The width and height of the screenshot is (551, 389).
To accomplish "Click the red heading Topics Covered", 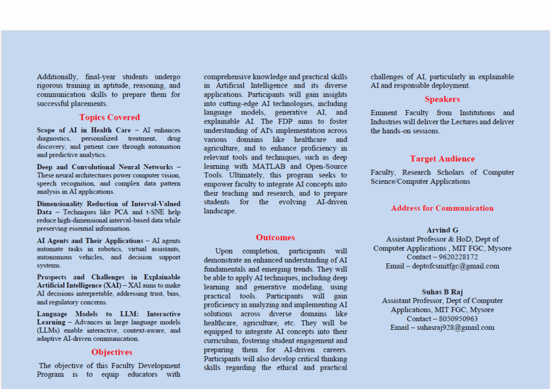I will (109, 117).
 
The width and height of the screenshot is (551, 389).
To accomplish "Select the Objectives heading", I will (111, 352).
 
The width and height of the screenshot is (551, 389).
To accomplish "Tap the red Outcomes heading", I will (275, 237).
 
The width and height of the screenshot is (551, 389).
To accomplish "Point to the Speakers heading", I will (442, 99).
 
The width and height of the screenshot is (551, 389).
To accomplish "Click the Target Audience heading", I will (442, 159).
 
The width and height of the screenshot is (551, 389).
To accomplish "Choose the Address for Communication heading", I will (442, 208).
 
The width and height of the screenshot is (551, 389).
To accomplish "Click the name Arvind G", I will (442, 230).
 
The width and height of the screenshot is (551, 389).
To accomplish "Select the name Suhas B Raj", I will (442, 292).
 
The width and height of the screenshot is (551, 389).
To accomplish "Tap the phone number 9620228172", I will (457, 257).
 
